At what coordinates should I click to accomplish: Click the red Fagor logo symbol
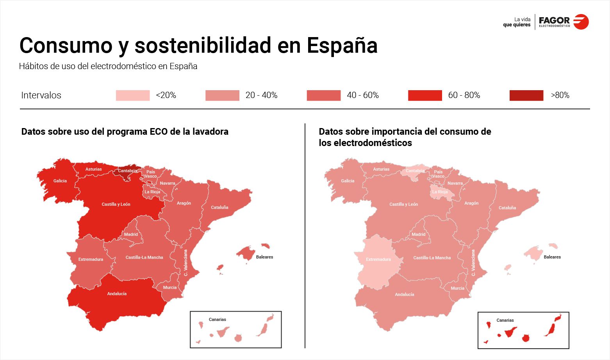[x=581, y=21]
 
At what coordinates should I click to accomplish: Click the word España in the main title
[x=342, y=45]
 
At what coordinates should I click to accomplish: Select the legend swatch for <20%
[x=133, y=95]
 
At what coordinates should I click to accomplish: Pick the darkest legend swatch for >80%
[x=526, y=95]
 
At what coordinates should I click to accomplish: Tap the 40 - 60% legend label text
[x=362, y=95]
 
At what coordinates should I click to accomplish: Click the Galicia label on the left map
[x=60, y=181]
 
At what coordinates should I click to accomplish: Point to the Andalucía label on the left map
[x=117, y=294]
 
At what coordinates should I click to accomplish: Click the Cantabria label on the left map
[x=128, y=171]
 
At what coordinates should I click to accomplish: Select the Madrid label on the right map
[x=418, y=234]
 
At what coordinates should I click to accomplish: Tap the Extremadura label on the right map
[x=378, y=259]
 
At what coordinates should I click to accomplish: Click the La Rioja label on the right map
[x=440, y=192]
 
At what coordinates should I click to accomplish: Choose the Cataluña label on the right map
[x=507, y=208]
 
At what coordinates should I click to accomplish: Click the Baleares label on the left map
[x=264, y=257]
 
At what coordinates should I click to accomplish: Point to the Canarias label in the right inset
[x=505, y=320]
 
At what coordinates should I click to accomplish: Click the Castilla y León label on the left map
[x=116, y=204]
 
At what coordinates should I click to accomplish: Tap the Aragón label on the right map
[x=471, y=203]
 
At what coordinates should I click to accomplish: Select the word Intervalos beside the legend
[x=41, y=95]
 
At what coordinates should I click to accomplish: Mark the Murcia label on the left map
[x=170, y=287]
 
